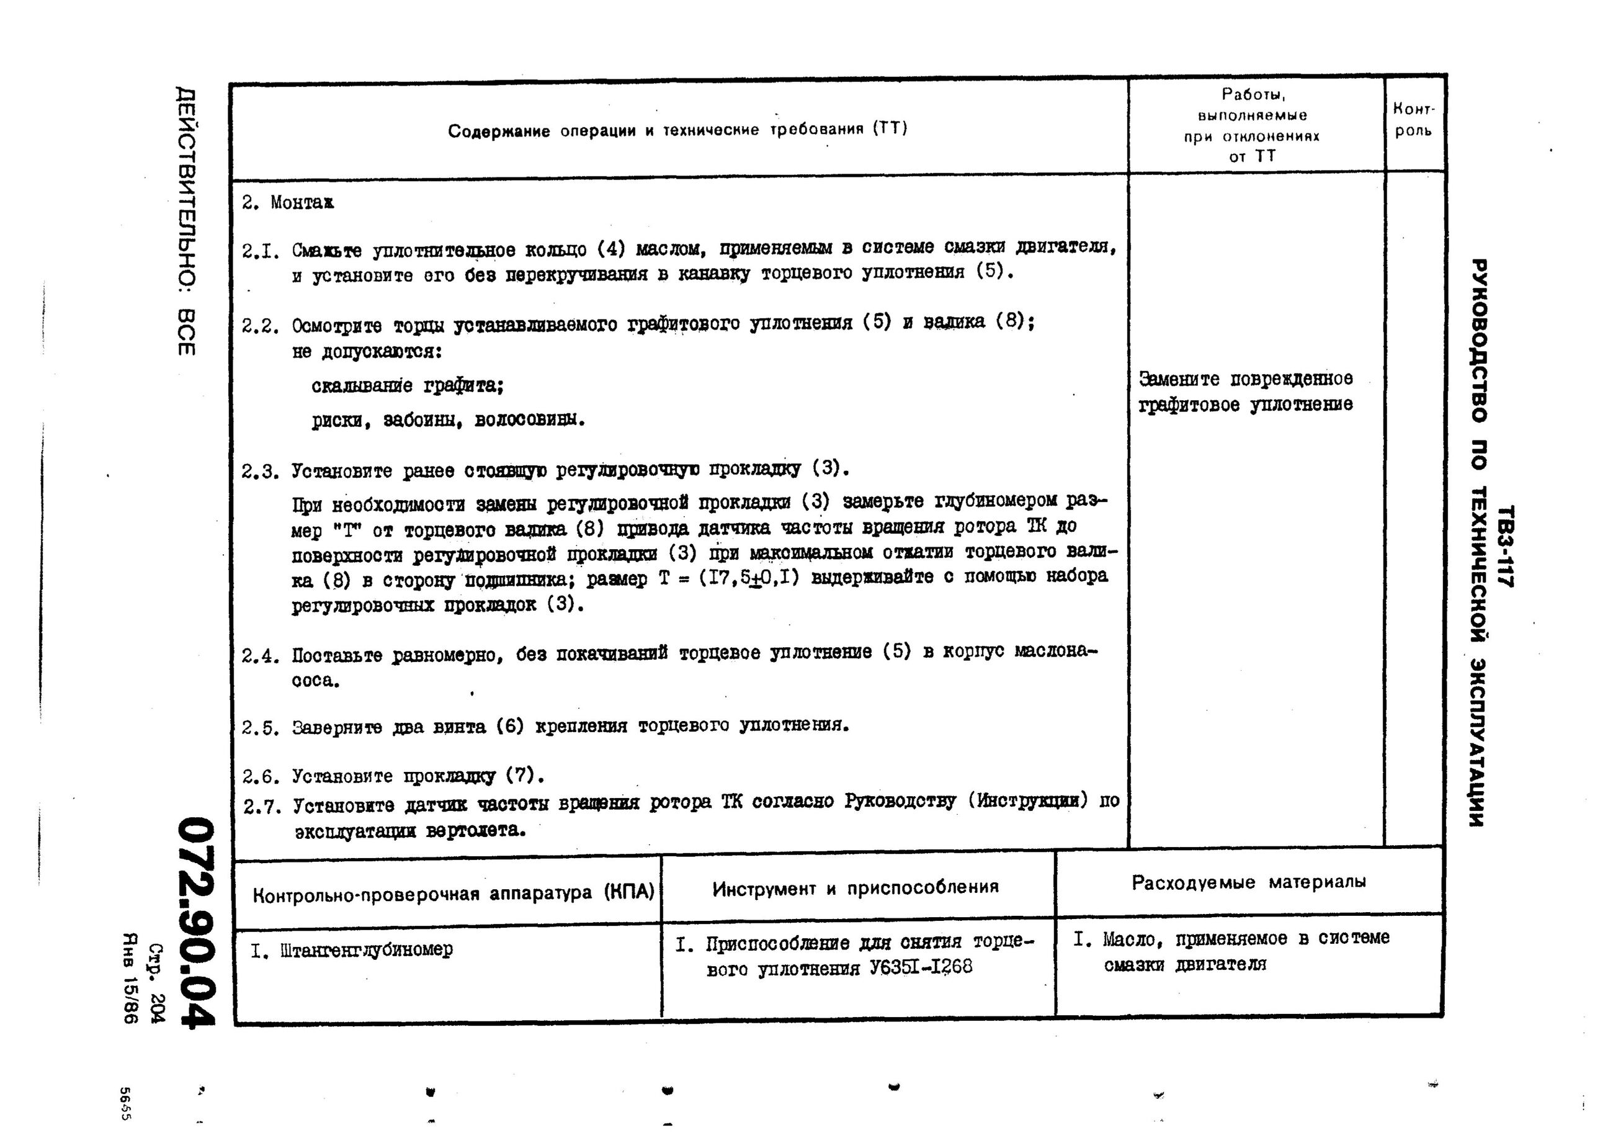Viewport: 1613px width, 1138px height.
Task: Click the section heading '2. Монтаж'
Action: click(288, 203)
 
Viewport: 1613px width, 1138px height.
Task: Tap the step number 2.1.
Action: click(261, 251)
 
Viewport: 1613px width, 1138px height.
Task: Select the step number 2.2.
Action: click(261, 326)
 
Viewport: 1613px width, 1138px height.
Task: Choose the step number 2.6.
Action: click(261, 777)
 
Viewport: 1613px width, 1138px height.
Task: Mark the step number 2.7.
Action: click(262, 807)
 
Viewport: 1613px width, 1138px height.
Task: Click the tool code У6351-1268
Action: click(920, 968)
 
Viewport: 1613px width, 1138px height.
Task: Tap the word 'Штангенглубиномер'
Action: click(366, 951)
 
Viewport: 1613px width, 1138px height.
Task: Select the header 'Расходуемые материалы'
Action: click(1248, 882)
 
